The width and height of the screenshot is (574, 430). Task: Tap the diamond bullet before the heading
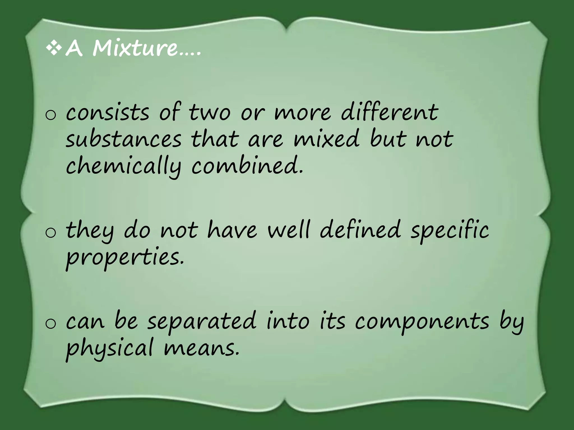54,48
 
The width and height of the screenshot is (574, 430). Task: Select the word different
390,112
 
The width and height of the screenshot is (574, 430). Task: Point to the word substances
124,139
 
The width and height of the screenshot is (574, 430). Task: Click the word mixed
326,139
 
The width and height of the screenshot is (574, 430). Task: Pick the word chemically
124,167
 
